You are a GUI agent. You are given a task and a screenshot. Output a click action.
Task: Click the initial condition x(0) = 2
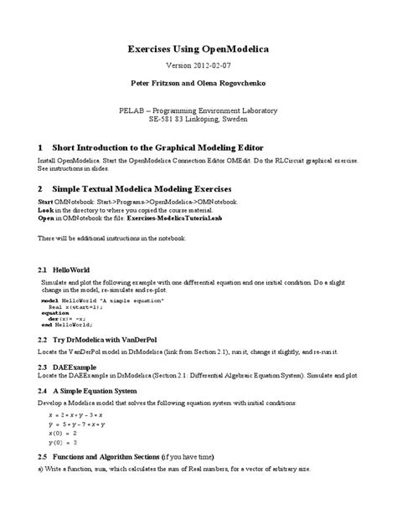pos(62,434)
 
